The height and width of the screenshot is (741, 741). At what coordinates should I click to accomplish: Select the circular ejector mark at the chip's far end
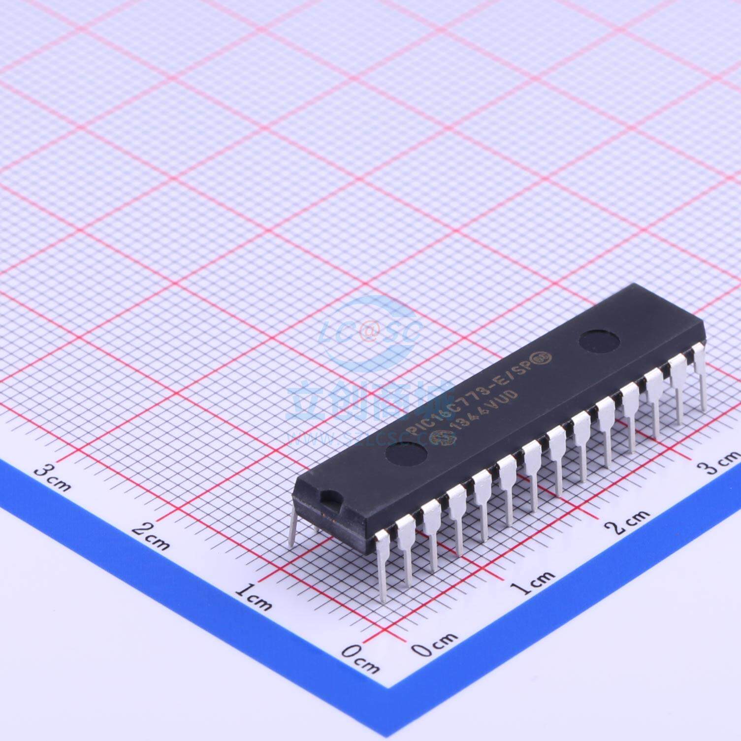(599, 340)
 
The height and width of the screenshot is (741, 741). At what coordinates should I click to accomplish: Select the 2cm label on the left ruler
(151, 538)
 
